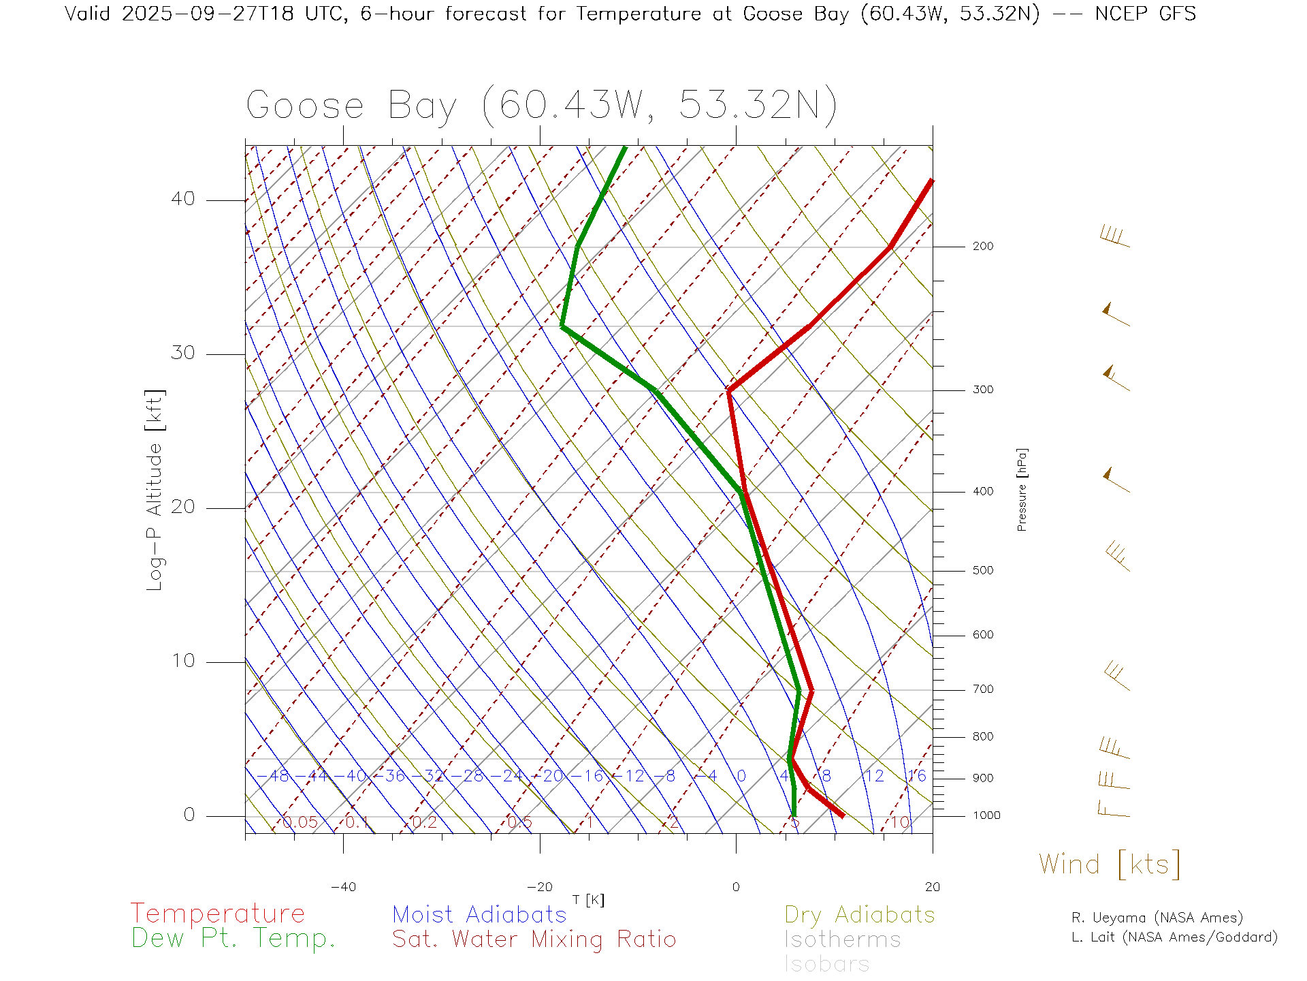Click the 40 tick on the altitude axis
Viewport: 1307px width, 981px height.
tap(182, 199)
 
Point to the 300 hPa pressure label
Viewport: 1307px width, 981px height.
tap(982, 390)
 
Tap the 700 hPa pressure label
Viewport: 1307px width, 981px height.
tap(982, 689)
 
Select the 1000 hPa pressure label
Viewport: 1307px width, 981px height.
tap(986, 815)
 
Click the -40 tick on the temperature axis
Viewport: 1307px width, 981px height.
tap(343, 887)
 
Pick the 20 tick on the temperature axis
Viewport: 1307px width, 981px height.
tap(932, 887)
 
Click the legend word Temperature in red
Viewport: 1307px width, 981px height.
tap(218, 914)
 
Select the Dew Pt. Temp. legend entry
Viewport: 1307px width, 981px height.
tap(233, 939)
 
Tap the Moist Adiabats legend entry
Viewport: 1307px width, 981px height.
tap(479, 915)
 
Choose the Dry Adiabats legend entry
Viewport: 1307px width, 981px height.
tap(859, 915)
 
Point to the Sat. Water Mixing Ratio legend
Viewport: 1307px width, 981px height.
tap(534, 939)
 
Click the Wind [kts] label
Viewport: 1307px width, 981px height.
tap(1109, 865)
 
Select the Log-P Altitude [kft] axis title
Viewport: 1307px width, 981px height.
tap(155, 490)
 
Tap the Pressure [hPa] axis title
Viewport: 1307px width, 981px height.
tap(1022, 489)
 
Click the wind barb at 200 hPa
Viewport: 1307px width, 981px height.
tap(1114, 238)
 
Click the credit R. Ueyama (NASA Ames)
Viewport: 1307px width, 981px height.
tap(1157, 918)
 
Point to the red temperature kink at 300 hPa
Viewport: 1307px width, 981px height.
tap(729, 390)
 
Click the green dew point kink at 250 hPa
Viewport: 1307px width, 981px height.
tap(562, 327)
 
